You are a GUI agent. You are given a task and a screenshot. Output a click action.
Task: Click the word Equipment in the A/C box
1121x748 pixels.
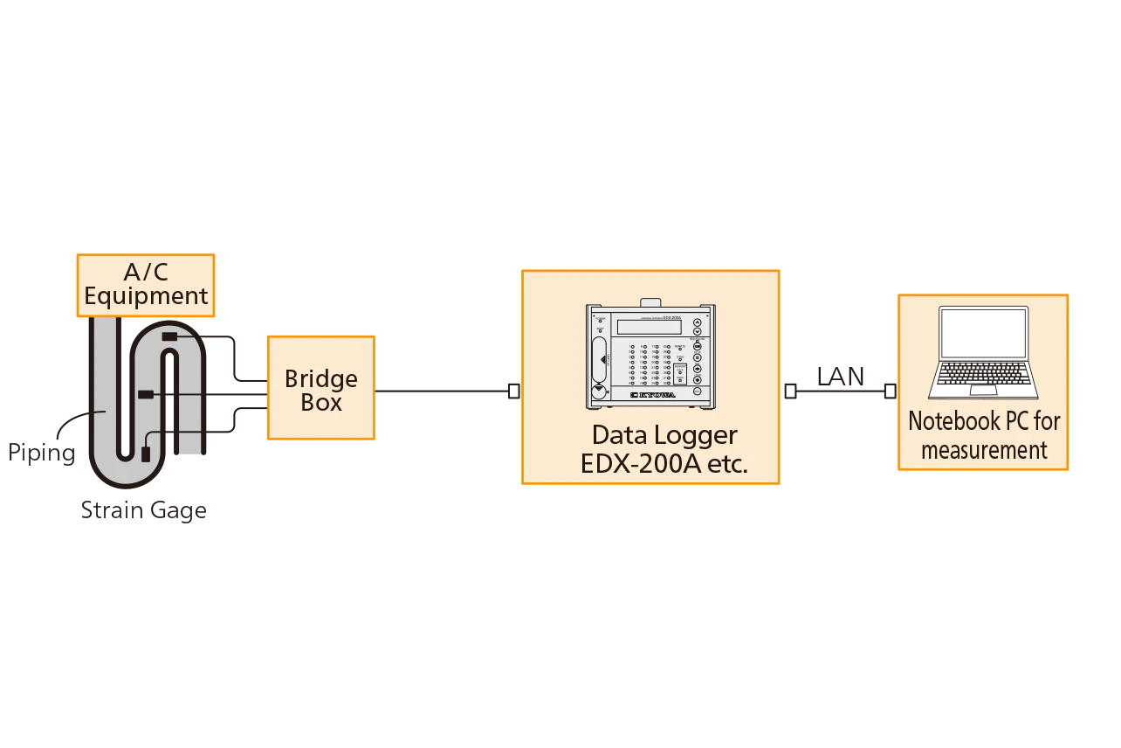(x=146, y=296)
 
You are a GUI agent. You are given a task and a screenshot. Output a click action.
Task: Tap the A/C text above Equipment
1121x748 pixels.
(x=146, y=271)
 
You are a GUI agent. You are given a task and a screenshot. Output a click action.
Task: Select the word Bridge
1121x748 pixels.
(x=321, y=379)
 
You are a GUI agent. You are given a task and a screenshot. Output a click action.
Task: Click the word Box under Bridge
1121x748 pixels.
(x=321, y=403)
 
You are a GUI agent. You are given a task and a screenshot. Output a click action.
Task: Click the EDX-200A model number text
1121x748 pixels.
(x=643, y=464)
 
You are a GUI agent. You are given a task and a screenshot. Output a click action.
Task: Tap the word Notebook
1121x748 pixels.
(x=949, y=421)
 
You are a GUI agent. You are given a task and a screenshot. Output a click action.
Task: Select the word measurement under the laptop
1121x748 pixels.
(x=984, y=450)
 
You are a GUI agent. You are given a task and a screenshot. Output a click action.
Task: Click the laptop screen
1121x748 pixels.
(x=983, y=333)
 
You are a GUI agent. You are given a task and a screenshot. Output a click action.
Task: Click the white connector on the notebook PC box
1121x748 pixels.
(x=890, y=391)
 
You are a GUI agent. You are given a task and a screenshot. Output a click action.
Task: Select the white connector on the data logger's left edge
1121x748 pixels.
(x=514, y=391)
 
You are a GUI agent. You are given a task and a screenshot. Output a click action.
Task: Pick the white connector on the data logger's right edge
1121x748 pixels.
(x=790, y=391)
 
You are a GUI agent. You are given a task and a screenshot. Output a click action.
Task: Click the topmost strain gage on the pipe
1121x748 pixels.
(x=170, y=337)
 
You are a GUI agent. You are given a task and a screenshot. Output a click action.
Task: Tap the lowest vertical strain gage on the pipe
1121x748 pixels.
(x=146, y=453)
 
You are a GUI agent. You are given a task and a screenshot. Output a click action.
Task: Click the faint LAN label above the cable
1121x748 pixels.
(x=840, y=373)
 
